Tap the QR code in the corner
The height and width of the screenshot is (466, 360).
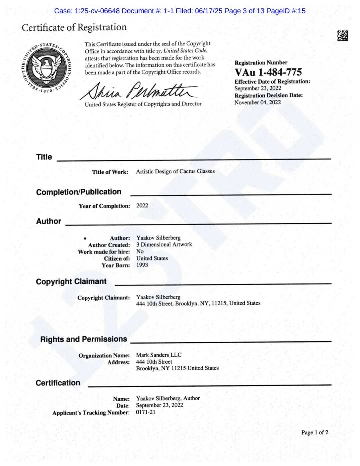(x=342, y=36)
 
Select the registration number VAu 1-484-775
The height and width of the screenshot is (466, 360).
(x=268, y=72)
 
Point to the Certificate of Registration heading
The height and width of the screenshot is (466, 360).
(x=74, y=27)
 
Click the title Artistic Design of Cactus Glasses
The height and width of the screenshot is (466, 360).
(x=175, y=171)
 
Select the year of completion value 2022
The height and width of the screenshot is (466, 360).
(x=142, y=205)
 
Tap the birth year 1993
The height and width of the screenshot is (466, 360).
(x=142, y=265)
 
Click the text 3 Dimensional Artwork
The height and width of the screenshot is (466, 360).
(x=164, y=245)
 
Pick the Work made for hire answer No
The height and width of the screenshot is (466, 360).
(x=140, y=252)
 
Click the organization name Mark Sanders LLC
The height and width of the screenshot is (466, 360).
(x=159, y=355)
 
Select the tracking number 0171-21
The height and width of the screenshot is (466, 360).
(x=145, y=412)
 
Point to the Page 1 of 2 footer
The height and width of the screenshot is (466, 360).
(x=314, y=433)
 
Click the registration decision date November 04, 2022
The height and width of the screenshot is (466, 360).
(x=257, y=102)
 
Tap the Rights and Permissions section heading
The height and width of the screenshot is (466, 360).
(x=83, y=339)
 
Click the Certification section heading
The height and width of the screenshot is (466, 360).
(x=58, y=383)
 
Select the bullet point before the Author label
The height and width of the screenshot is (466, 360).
(x=85, y=239)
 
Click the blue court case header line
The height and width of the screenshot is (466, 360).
(x=180, y=11)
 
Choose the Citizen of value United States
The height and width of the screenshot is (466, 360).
(x=152, y=258)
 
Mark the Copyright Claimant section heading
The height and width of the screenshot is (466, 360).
(x=71, y=282)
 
